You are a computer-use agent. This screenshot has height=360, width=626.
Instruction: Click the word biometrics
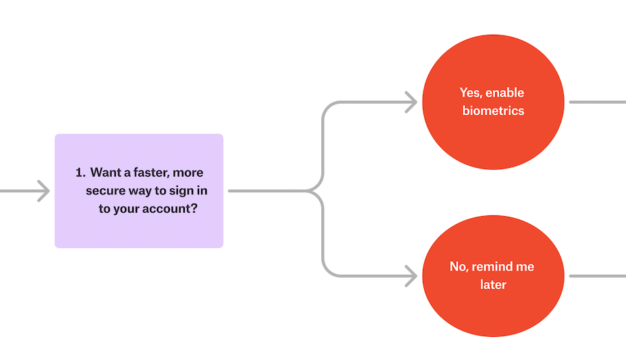493,110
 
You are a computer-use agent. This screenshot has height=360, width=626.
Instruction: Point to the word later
493,284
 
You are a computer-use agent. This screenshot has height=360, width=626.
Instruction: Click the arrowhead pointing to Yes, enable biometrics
411,102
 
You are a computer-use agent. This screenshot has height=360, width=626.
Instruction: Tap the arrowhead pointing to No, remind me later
411,276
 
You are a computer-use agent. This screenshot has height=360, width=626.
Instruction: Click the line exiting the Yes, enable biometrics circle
597,102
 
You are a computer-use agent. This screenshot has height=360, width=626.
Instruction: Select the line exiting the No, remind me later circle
597,276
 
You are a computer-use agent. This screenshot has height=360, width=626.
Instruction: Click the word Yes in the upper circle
469,93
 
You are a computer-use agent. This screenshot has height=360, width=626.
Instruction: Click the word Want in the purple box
106,172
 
